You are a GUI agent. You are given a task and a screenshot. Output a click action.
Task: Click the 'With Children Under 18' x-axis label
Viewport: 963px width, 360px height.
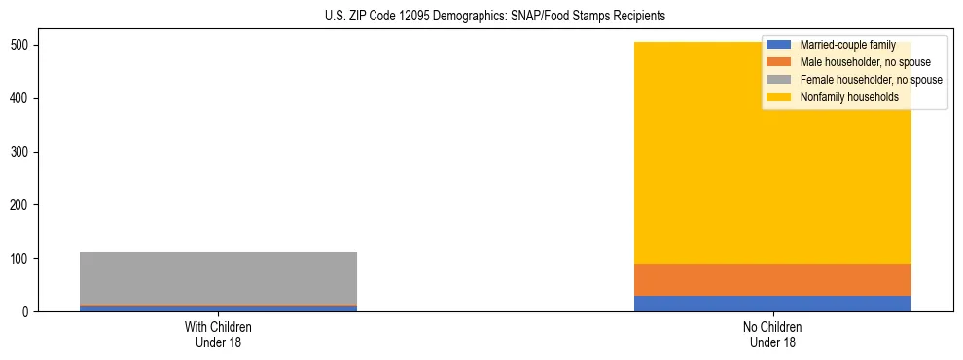[x=218, y=335]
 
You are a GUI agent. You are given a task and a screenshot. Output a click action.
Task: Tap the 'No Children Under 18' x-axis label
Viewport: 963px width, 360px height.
[x=772, y=335]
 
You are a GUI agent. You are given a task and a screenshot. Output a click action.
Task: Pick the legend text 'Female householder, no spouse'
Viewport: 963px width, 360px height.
[x=871, y=80]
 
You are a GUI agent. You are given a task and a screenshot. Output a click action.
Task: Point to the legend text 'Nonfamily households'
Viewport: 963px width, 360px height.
[x=848, y=97]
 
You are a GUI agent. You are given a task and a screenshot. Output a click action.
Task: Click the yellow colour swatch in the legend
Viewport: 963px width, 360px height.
[x=779, y=97]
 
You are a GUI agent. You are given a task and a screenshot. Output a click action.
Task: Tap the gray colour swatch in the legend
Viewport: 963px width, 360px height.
[x=779, y=80]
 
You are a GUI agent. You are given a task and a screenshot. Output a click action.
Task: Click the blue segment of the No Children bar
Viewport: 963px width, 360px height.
[x=772, y=304]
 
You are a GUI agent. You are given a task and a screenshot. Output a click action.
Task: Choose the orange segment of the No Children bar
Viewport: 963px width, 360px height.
[x=772, y=279]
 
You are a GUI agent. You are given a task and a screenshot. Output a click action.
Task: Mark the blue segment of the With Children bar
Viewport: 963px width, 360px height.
[x=218, y=309]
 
